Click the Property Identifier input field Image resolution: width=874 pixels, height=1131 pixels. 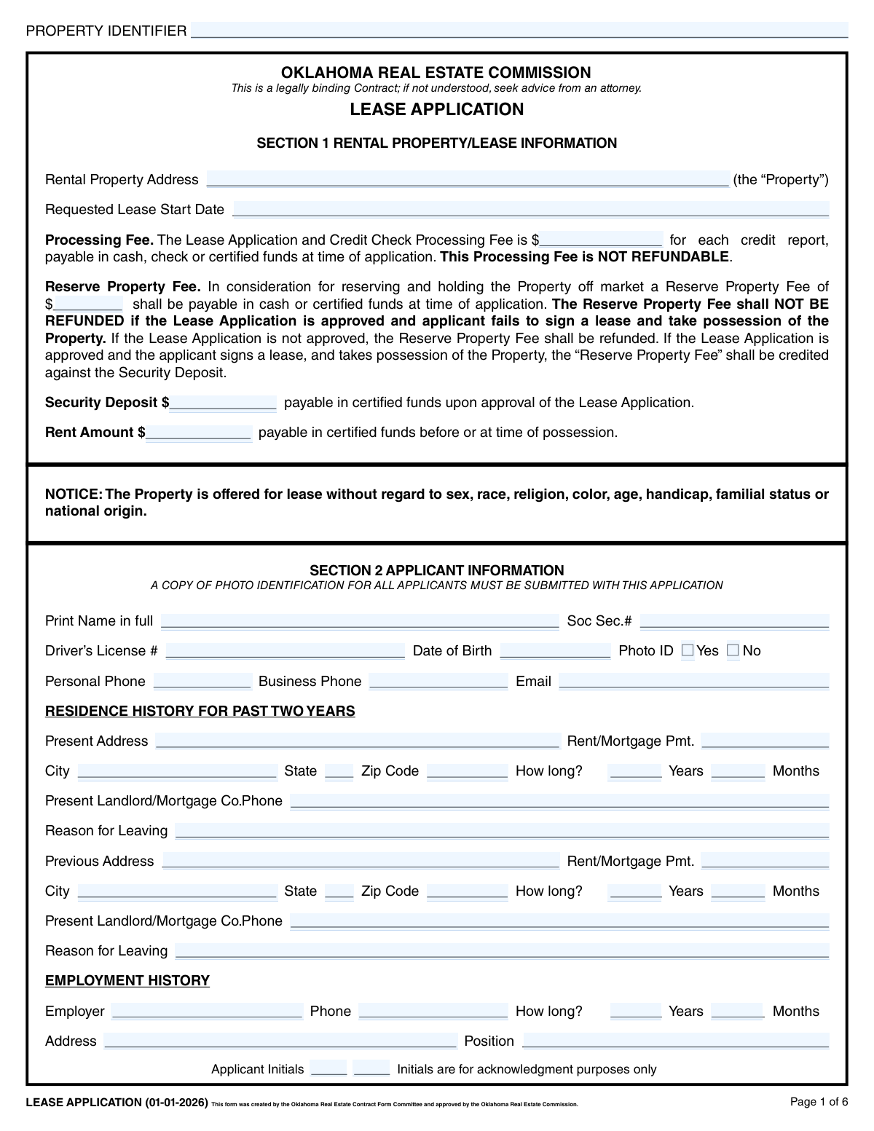click(x=519, y=31)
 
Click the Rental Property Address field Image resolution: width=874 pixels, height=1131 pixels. click(x=468, y=179)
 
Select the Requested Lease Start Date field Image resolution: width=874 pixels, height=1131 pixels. click(x=530, y=209)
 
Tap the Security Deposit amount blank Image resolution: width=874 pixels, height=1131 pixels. click(x=223, y=403)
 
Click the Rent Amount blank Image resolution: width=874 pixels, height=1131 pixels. click(x=199, y=433)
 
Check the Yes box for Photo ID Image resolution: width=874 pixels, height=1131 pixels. click(x=688, y=650)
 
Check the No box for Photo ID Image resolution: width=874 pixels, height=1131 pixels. click(x=733, y=650)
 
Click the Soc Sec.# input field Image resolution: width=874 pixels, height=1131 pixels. click(x=734, y=620)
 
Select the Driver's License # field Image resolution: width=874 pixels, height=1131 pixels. click(x=285, y=650)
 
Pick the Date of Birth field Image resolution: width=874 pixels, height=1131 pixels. click(x=555, y=650)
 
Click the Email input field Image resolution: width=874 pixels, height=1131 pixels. click(x=693, y=681)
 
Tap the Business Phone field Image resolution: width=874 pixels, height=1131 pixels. click(x=438, y=681)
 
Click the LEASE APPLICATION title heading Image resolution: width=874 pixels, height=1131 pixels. click(x=437, y=109)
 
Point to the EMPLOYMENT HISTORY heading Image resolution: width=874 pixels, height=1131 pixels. click(x=127, y=980)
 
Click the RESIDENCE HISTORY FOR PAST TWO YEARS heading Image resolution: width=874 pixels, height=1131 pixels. click(x=200, y=711)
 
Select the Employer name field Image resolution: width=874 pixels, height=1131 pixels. click(x=207, y=1011)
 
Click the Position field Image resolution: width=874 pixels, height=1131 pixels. click(x=675, y=1041)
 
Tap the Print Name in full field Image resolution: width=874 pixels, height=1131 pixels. click(x=360, y=620)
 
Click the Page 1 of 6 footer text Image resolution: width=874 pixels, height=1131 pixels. click(x=819, y=1101)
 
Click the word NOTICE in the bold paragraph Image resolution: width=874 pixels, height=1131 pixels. click(x=73, y=494)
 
